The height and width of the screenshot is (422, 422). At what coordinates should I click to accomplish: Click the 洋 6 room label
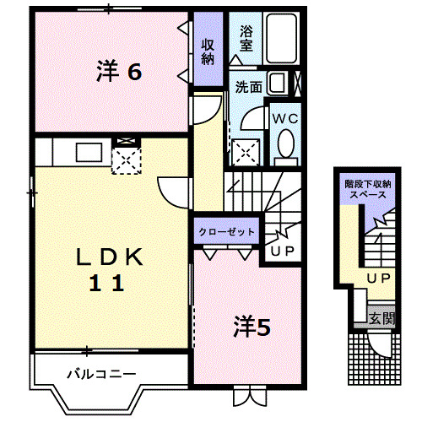pos(118,73)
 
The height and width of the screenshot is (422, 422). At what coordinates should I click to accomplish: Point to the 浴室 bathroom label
pos(246,39)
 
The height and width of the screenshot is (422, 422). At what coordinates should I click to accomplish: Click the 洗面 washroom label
pos(247,86)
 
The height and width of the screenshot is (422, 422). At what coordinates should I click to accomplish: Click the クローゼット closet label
pos(225,230)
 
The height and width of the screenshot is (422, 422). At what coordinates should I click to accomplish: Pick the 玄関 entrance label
pos(381,318)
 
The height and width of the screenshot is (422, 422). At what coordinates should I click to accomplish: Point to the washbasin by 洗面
pos(274,84)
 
